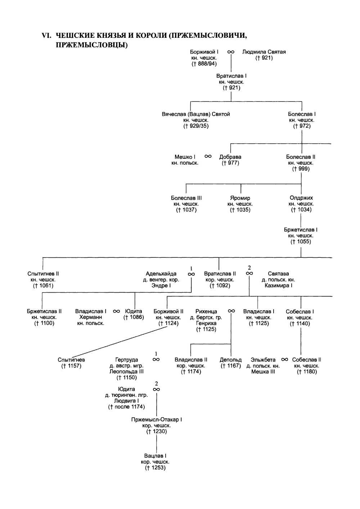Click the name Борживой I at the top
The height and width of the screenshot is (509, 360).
204,52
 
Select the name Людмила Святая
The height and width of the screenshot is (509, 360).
264,52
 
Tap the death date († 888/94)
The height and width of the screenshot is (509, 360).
204,64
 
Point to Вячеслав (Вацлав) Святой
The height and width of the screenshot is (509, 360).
196,114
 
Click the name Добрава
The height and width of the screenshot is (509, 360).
230,157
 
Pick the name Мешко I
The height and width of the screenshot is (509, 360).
185,157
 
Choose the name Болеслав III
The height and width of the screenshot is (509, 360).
186,198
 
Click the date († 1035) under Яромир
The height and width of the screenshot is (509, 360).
240,210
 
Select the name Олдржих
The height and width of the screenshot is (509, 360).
301,198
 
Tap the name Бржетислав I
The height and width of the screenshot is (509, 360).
301,230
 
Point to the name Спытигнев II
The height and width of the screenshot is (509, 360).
43,274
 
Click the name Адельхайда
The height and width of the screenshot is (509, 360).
161,274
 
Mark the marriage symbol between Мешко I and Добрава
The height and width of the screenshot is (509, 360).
208,157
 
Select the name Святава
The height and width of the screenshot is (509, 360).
278,274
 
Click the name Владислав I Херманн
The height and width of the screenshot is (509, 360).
91,314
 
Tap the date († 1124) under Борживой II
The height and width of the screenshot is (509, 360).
168,323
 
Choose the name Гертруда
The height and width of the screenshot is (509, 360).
126,360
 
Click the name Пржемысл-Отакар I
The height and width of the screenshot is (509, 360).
157,420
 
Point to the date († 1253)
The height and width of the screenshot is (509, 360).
155,468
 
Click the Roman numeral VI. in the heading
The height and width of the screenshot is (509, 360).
47,36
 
